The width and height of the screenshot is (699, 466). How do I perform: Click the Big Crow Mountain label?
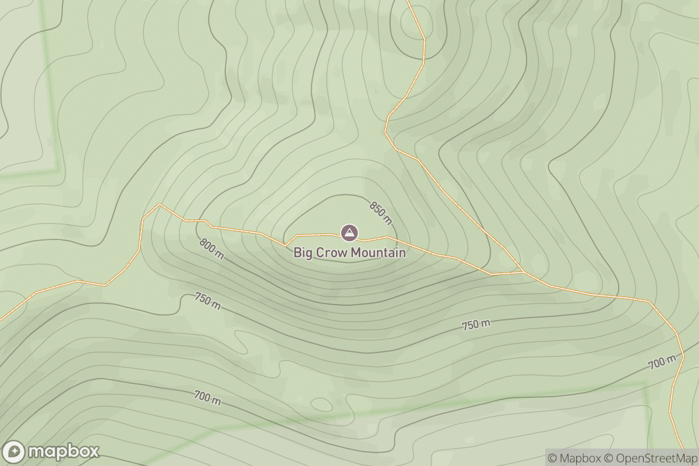[349, 253]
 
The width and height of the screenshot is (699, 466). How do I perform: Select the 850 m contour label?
[381, 213]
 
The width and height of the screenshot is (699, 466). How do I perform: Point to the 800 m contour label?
[211, 249]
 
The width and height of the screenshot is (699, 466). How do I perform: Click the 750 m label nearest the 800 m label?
[208, 301]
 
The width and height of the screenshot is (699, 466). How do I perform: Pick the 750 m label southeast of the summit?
[476, 325]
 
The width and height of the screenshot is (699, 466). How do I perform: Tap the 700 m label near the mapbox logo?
[207, 398]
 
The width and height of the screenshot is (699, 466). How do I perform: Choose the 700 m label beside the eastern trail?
[662, 362]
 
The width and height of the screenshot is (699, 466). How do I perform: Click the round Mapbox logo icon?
[14, 452]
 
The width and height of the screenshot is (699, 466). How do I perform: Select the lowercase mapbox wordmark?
[63, 452]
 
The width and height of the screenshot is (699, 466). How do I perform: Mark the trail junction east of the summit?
[523, 271]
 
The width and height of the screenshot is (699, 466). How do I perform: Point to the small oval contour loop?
[322, 404]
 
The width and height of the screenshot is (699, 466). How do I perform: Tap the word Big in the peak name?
[302, 253]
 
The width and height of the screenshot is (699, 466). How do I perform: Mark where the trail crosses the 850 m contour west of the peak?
[287, 243]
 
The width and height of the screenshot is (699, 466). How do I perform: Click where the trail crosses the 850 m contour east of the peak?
[396, 239]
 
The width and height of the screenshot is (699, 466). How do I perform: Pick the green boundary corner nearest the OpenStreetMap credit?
[645, 384]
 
